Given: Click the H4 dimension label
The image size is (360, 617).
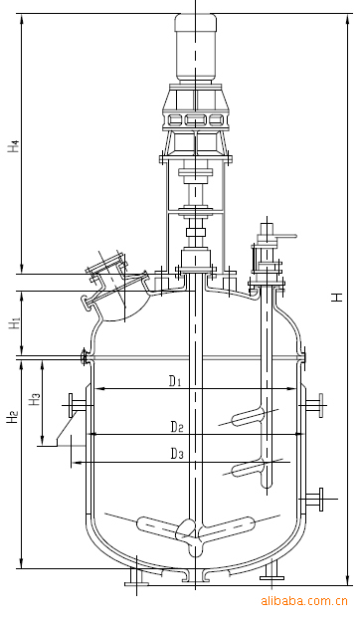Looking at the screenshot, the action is (14, 146).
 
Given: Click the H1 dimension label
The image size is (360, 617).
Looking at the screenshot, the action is (15, 323).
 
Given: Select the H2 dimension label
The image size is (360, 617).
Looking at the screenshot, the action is (13, 417).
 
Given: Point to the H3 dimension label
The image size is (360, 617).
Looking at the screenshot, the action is (35, 399).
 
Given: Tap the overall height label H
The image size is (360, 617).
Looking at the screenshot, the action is (336, 297).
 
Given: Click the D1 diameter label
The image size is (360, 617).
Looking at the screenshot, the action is (175, 381).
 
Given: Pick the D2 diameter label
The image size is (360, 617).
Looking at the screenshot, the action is (177, 427).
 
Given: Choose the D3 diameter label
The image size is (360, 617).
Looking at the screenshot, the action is (177, 454).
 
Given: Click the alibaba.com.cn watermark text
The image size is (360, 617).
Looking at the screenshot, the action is (304, 601).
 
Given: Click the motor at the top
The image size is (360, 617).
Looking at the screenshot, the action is (195, 48).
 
